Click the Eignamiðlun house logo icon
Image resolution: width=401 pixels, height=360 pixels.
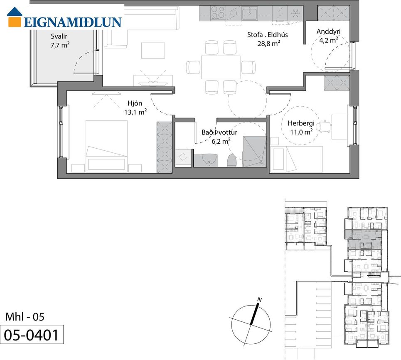[15, 17]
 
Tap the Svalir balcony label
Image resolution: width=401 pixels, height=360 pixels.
[59, 36]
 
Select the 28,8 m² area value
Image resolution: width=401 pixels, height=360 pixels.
[268, 43]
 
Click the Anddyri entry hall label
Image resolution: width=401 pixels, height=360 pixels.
[329, 32]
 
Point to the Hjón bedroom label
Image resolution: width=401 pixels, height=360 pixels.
[135, 103]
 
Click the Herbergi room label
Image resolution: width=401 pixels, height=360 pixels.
[301, 123]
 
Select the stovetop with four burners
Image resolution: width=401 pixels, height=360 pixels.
[218, 13]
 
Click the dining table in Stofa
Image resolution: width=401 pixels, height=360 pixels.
[221, 67]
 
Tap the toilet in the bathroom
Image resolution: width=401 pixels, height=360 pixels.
[232, 161]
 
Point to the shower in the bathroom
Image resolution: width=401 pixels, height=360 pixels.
[255, 152]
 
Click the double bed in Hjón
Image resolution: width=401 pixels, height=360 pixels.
[106, 145]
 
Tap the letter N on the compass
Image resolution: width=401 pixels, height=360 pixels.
[259, 300]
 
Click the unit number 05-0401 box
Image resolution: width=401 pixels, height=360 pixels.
[32, 335]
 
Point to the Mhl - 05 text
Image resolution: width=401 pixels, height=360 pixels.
[25, 317]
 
